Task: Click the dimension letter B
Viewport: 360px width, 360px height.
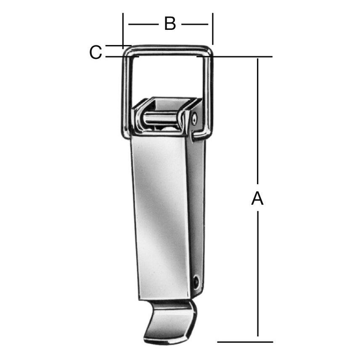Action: [170, 24]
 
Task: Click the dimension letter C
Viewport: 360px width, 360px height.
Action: [95, 52]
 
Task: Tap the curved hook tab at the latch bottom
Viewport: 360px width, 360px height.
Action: [170, 321]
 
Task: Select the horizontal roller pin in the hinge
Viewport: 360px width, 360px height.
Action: [160, 119]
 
